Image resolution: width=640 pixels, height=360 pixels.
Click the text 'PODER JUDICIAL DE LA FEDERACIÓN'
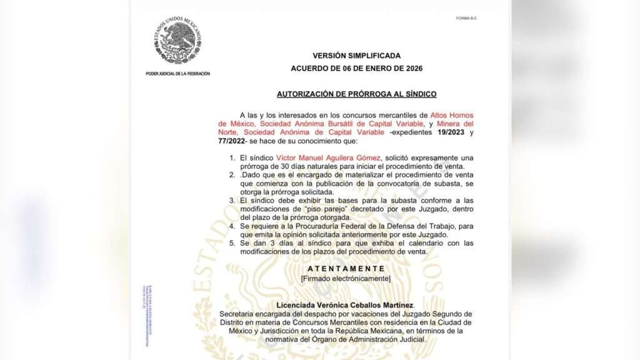[178, 74]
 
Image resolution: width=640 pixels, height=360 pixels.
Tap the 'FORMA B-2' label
[466, 18]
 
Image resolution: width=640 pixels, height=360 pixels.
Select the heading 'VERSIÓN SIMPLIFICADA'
[356, 56]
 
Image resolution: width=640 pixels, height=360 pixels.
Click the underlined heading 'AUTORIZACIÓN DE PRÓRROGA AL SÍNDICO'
[356, 94]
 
